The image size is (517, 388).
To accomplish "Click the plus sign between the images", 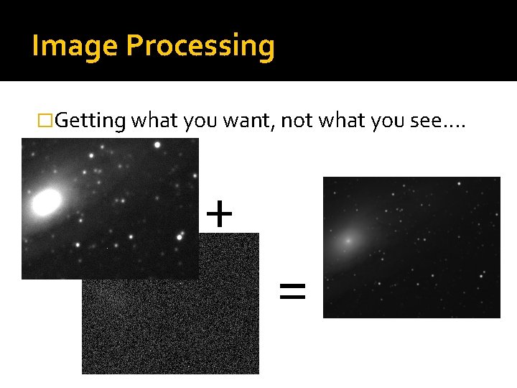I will (x=219, y=213).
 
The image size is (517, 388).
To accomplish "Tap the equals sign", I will (x=292, y=291).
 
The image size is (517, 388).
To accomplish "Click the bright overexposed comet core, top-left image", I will (x=46, y=202).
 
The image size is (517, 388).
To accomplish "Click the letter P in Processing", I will (x=133, y=47).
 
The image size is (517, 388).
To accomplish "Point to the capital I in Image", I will (x=35, y=47).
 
